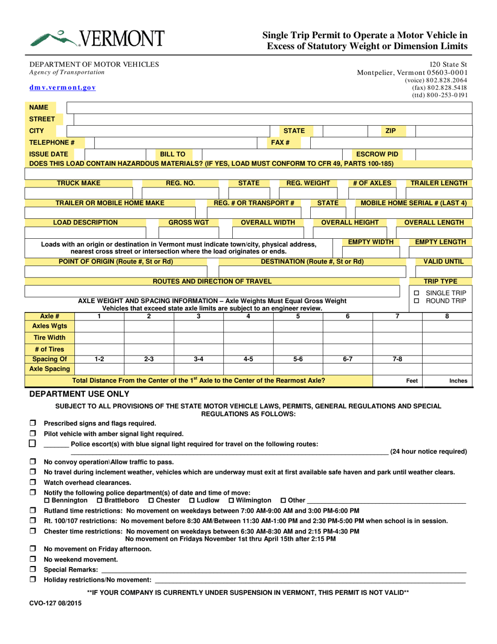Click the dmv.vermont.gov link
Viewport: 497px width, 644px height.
coord(62,88)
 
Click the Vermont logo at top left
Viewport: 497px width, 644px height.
coord(97,38)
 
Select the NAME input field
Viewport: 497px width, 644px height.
coord(269,107)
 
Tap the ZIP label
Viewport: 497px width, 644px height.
coord(390,130)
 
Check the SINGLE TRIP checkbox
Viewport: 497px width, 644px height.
coord(416,293)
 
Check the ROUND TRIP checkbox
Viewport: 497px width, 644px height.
coord(416,301)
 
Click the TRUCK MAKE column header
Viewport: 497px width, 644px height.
coord(78,183)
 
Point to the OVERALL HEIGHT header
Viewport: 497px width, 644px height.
coord(349,223)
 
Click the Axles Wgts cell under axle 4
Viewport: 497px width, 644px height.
coord(248,326)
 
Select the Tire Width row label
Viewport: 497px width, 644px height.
coord(50,338)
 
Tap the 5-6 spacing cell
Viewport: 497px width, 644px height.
coord(298,360)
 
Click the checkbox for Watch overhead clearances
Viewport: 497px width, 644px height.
coord(33,482)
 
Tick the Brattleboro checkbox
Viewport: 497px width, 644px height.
coord(100,501)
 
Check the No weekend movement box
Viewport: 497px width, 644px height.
coord(33,559)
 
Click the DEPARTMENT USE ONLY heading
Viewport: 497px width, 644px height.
coord(79,394)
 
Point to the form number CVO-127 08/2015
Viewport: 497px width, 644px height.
coord(55,603)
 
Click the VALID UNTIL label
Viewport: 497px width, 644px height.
coord(440,261)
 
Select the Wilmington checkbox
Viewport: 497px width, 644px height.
coord(231,501)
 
